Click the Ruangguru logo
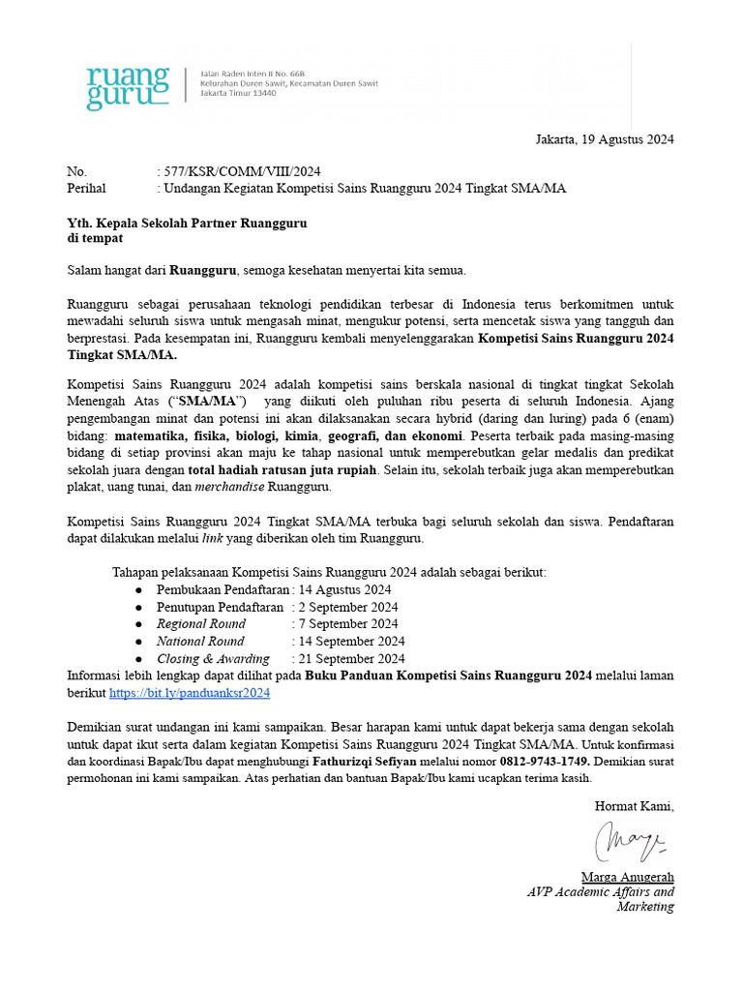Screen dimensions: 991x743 pos(127,87)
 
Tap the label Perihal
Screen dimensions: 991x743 pos(86,188)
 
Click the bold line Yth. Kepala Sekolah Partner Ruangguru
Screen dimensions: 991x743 pos(187,223)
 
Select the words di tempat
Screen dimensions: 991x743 pos(95,238)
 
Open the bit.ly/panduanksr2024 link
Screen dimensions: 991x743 pos(190,693)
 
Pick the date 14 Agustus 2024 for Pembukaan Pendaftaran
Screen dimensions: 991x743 pos(344,588)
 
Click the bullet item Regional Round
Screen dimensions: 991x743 pos(201,623)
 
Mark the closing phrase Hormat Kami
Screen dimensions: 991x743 pos(634,805)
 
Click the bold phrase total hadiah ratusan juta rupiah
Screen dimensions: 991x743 pos(282,468)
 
